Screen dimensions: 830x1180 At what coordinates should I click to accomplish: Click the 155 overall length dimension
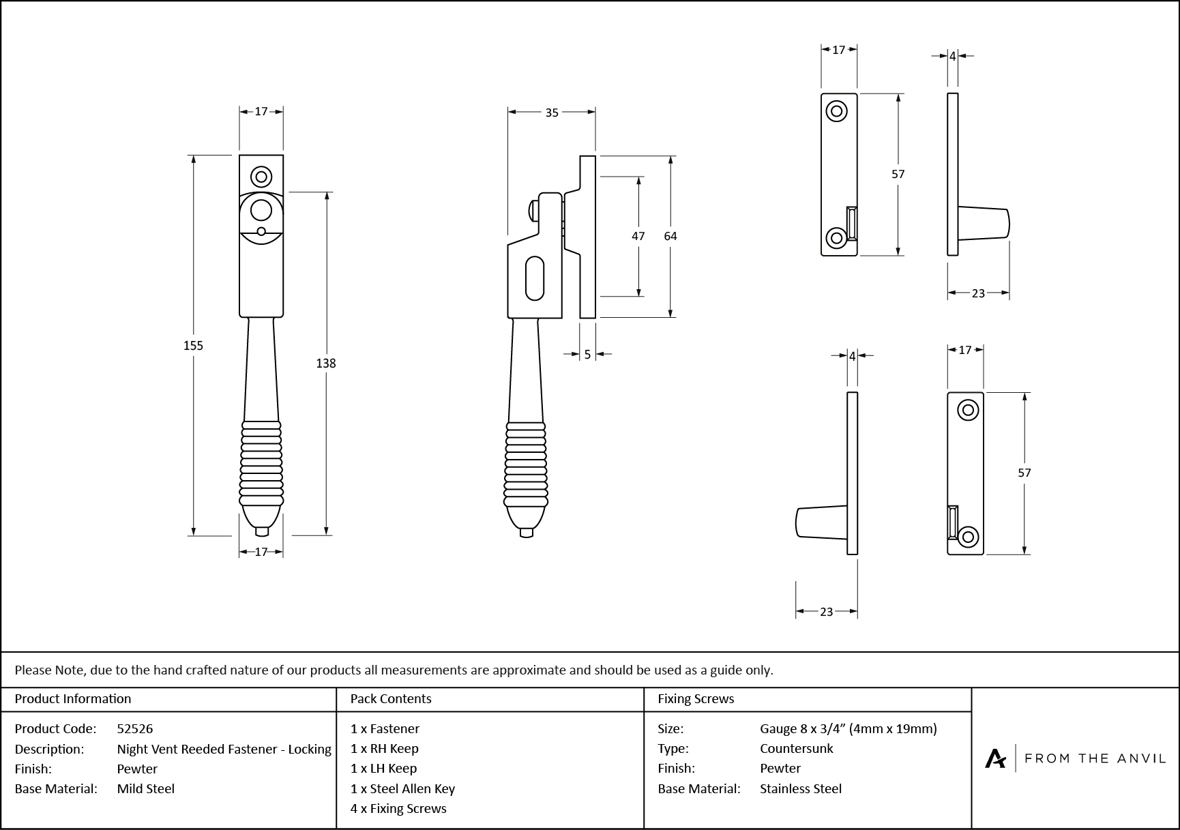[x=193, y=346]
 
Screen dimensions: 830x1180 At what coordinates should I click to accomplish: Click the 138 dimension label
[x=326, y=364]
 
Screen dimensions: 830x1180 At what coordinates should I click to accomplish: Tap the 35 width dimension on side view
[x=552, y=113]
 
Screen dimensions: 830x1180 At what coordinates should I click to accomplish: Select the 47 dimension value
[x=638, y=236]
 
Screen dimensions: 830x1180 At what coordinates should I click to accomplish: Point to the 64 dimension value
[x=670, y=236]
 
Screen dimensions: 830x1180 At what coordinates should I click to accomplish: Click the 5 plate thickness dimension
[x=587, y=355]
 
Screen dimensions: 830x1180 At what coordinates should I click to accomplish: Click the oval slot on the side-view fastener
[x=535, y=278]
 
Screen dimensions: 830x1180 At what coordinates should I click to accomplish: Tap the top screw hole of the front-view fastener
[x=261, y=177]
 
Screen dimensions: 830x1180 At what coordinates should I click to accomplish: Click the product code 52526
[x=135, y=728]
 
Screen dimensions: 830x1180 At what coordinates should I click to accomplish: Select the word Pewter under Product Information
[x=137, y=769]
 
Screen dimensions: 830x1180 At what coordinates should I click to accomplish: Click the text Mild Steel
[x=146, y=788]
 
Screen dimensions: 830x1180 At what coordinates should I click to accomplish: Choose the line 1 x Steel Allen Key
[x=402, y=788]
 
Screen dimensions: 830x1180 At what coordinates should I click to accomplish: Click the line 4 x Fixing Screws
[x=398, y=808]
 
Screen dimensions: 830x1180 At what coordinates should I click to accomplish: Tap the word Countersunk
[x=796, y=748]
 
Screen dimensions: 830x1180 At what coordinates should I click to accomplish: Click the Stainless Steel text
[x=801, y=788]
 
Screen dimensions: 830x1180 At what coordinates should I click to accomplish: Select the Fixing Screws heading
[x=696, y=698]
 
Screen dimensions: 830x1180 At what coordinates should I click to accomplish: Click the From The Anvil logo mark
[x=995, y=758]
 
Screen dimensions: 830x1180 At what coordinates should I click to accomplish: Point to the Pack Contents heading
[x=391, y=698]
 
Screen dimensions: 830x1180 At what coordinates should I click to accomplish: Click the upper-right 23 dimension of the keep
[x=978, y=293]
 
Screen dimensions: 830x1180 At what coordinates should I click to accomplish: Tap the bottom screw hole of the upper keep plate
[x=836, y=237]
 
